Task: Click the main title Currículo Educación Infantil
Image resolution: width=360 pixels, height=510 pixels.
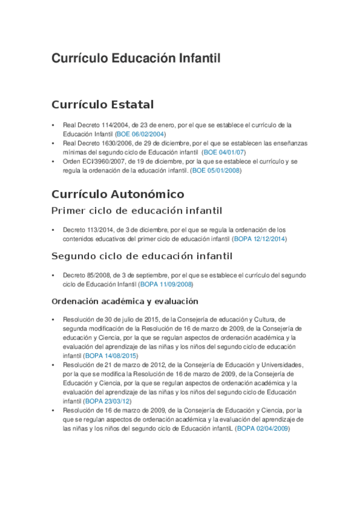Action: (136, 58)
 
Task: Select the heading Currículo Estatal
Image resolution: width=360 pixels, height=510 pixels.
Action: (102, 105)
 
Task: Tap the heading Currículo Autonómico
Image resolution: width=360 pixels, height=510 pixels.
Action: (118, 194)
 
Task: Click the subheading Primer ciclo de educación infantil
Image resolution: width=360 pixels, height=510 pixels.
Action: (136, 210)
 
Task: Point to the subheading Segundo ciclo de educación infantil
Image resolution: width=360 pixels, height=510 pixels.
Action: (142, 256)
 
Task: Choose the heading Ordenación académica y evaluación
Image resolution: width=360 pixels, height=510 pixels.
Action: (125, 301)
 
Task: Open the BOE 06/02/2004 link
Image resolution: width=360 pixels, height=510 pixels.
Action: (141, 134)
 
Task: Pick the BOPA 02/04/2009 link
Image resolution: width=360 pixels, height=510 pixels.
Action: (263, 428)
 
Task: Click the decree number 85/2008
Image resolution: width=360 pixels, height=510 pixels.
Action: (94, 275)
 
